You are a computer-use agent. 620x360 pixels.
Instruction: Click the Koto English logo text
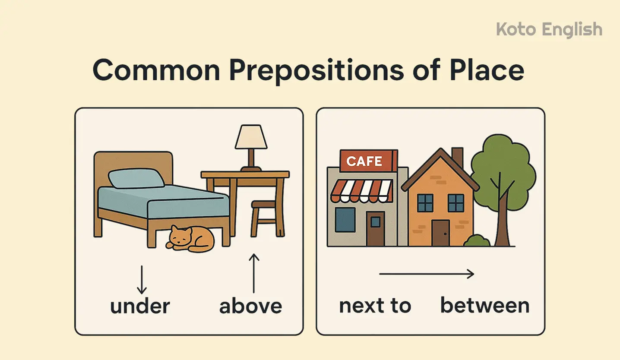tap(549, 30)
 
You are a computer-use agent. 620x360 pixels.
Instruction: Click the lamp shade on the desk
tap(251, 137)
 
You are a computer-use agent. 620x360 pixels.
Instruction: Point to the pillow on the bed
tap(136, 179)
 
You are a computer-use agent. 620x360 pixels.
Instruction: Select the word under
tap(140, 306)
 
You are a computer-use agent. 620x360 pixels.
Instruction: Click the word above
tap(250, 306)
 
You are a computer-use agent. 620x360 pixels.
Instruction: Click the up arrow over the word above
tap(254, 273)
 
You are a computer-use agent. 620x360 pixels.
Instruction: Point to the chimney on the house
tap(457, 158)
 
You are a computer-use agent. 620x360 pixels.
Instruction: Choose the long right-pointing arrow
tap(427, 274)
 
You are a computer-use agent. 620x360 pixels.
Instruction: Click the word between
tap(484, 306)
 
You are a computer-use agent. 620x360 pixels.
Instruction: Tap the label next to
tap(375, 306)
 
